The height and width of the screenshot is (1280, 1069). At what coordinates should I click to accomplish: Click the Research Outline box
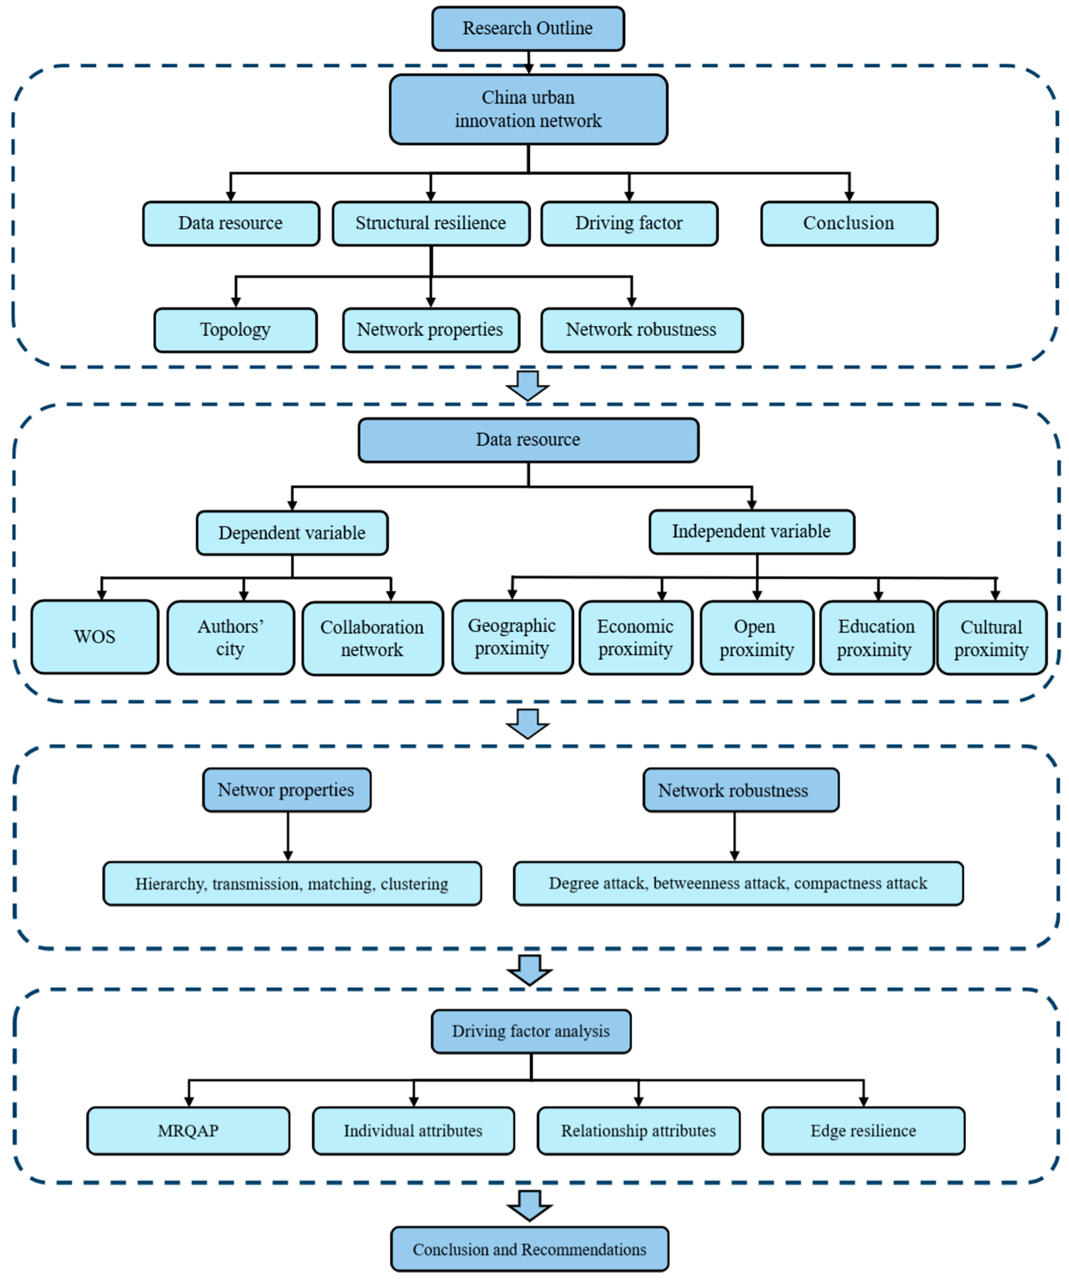coord(528,29)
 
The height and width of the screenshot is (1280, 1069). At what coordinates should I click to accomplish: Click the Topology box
coord(235,330)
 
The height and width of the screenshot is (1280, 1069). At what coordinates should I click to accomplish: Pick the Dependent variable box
coord(292,533)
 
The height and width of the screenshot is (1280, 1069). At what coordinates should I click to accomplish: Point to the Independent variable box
coord(752,531)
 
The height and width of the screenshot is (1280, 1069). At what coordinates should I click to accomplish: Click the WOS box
coord(95,637)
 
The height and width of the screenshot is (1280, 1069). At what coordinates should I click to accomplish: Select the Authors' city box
coord(230,637)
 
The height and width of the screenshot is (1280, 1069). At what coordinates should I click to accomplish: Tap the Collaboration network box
coord(372,638)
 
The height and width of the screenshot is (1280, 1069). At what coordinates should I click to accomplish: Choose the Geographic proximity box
coord(512,637)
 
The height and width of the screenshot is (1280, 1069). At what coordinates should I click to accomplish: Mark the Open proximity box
coord(756,637)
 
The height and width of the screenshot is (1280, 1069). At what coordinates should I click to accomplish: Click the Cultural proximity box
coord(991,637)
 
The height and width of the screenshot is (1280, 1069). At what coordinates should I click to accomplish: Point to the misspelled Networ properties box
coord(286,790)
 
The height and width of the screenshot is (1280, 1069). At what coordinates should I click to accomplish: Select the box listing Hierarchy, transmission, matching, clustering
coord(292,884)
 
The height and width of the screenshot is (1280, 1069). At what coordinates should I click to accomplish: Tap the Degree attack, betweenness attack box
coord(738,884)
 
